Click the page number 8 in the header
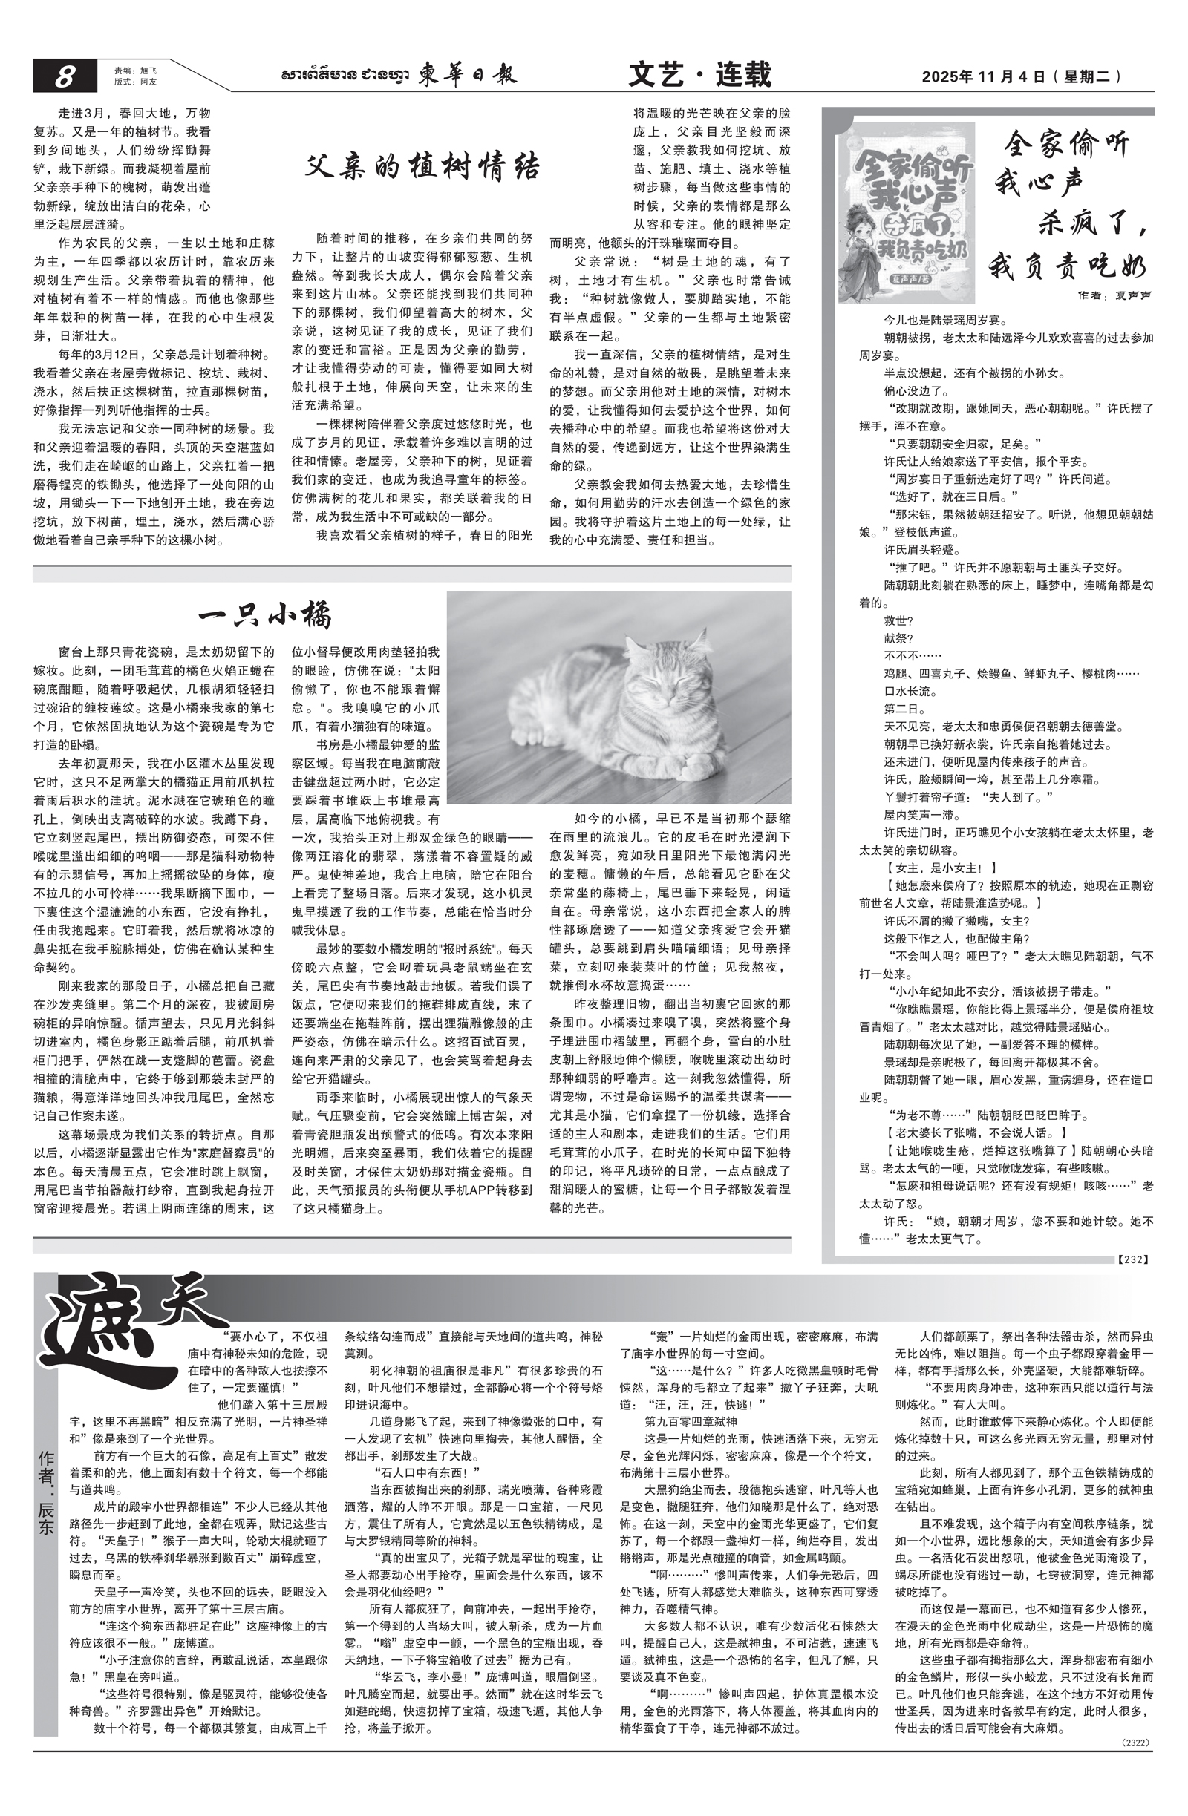[65, 76]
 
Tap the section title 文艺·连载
[699, 75]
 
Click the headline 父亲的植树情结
[422, 165]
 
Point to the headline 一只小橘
[265, 615]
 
